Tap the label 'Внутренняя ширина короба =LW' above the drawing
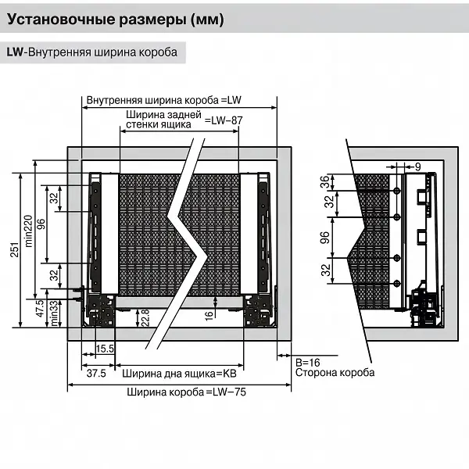pyautogui.click(x=166, y=101)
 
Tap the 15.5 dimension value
pyautogui.click(x=106, y=348)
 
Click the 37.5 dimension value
pyautogui.click(x=96, y=374)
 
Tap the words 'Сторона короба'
pyautogui.click(x=335, y=373)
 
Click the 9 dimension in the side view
pyautogui.click(x=417, y=166)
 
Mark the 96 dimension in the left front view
pyautogui.click(x=41, y=224)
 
